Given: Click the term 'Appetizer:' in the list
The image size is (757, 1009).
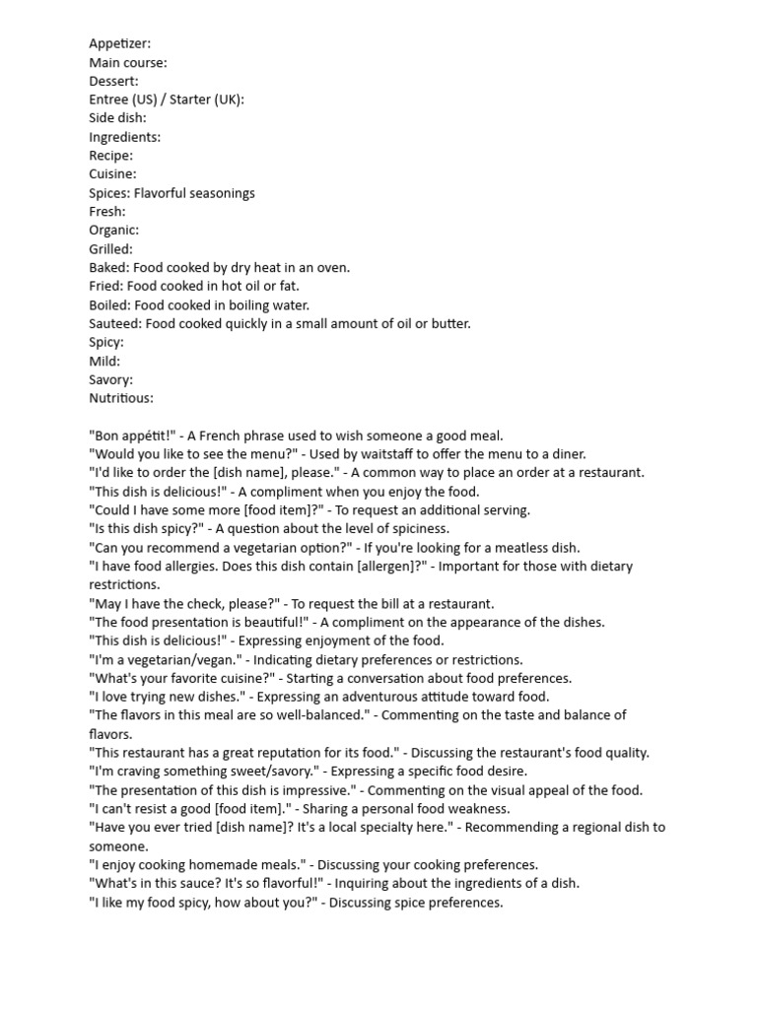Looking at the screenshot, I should (x=119, y=43).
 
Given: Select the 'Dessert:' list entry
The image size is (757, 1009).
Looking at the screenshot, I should (x=113, y=81).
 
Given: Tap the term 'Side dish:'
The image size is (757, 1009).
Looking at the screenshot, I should (x=117, y=118).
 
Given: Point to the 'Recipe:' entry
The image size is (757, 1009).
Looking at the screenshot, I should (x=110, y=156).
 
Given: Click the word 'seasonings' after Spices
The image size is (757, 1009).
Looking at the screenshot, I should (x=222, y=193).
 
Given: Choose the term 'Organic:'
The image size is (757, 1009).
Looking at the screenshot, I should (x=113, y=231).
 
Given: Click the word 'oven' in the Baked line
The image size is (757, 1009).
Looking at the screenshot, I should (x=332, y=268).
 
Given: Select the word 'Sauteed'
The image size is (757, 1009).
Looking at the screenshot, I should (x=112, y=324).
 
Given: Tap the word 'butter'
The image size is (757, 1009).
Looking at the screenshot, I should (x=449, y=324).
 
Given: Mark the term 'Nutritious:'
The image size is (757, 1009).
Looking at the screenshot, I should (x=121, y=398).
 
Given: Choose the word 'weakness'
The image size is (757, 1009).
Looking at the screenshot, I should (x=477, y=809).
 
